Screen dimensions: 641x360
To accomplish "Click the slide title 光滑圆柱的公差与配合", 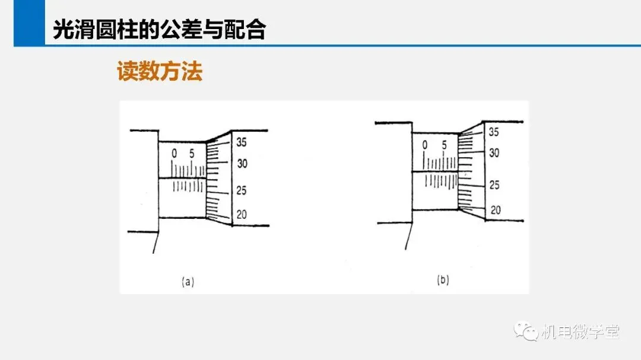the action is coord(160,29).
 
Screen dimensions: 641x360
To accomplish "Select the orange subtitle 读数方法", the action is coord(160,71).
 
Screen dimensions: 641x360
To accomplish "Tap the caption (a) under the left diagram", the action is coord(188,282).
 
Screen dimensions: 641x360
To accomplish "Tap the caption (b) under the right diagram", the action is coord(443,280).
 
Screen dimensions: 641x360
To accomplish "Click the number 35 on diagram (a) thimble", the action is coord(242,142).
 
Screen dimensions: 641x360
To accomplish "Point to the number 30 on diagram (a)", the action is coord(242,164).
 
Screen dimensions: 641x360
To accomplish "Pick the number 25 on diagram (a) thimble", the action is coord(241,190).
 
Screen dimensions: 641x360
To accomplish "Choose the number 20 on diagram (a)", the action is coord(242,215).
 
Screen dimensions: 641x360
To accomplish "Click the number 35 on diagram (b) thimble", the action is coord(494,132).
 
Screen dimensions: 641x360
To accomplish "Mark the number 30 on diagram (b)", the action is coord(494,153).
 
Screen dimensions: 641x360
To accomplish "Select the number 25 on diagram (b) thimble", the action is coord(494,185).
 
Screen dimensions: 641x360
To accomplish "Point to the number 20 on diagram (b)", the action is coord(496,210).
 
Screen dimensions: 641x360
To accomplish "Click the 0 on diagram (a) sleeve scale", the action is coord(174,154).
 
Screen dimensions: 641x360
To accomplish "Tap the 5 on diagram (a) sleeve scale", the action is coord(192,154).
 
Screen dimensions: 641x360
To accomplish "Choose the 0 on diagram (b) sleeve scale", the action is coord(425,145).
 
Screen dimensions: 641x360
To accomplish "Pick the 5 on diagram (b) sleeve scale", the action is coord(444,145).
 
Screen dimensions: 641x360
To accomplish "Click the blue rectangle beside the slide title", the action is coord(29,23).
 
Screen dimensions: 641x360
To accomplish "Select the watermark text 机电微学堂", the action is coord(580,332).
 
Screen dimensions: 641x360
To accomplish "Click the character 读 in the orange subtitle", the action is coord(128,71).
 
